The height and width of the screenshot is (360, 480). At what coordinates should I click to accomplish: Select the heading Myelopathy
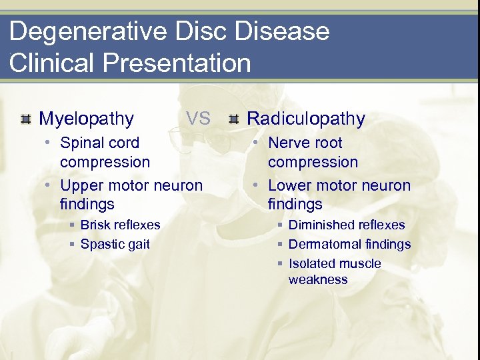86,119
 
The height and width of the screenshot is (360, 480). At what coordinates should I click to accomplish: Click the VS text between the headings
198,119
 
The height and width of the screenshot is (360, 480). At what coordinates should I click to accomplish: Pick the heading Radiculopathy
306,119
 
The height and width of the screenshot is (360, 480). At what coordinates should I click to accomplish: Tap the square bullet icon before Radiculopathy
233,120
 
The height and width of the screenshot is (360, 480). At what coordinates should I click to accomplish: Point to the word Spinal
81,143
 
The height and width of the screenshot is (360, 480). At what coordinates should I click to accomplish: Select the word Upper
81,185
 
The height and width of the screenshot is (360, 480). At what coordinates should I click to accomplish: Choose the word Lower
289,185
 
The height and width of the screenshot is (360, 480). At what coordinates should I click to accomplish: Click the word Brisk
97,225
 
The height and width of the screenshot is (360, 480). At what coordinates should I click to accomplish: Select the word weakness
318,280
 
